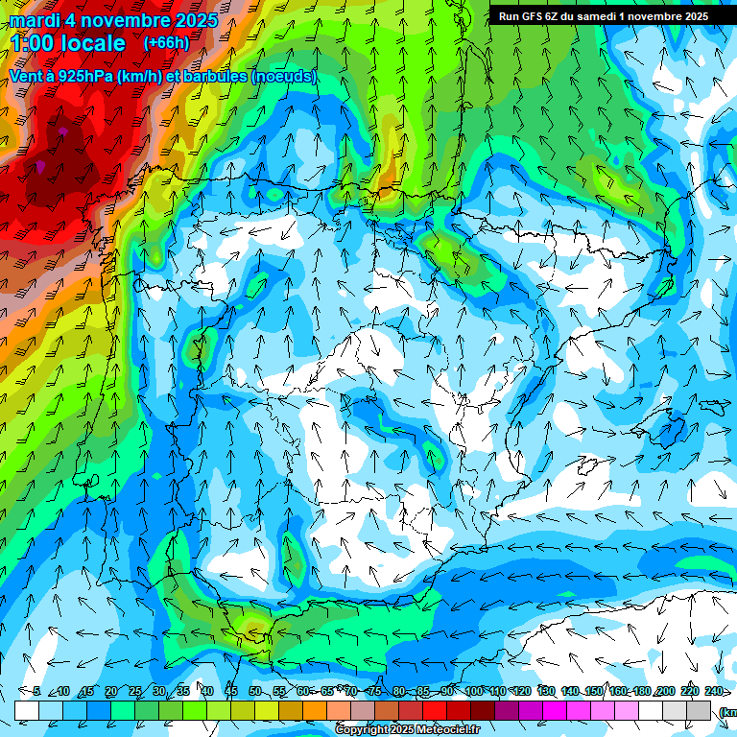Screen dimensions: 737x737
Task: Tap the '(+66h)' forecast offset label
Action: click(x=166, y=43)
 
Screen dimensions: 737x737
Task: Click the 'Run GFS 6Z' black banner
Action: click(x=603, y=16)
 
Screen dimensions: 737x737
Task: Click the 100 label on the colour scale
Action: click(x=473, y=691)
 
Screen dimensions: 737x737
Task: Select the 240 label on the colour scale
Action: click(x=714, y=691)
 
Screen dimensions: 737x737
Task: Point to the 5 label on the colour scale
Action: click(x=36, y=691)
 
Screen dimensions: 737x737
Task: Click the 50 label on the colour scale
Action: click(x=255, y=691)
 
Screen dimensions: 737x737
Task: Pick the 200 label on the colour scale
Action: click(x=666, y=691)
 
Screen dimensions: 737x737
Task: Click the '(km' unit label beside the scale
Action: click(x=728, y=712)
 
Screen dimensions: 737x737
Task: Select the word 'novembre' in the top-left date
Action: click(x=122, y=20)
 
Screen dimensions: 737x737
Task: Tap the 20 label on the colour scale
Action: click(x=111, y=691)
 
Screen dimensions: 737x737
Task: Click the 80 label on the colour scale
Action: click(x=399, y=691)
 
